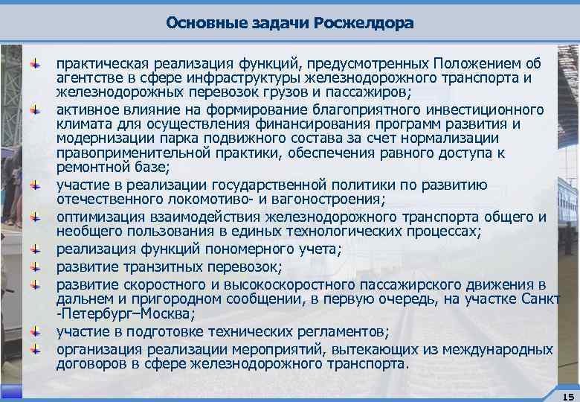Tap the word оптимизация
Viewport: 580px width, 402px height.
94,217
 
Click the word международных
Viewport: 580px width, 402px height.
498,349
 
